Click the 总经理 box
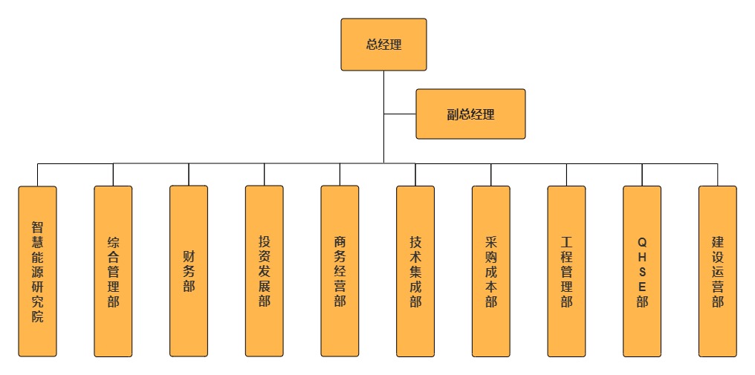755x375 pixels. click(383, 45)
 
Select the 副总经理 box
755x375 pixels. click(470, 114)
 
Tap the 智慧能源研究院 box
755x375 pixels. click(37, 271)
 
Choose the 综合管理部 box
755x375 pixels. click(113, 271)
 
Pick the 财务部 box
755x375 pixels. click(189, 271)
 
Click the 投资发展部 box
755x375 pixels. click(265, 271)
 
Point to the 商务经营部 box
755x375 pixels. click(340, 271)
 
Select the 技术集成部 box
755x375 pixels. click(415, 271)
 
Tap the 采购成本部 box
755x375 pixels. click(491, 271)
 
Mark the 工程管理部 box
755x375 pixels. click(566, 271)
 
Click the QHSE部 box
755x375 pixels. click(642, 271)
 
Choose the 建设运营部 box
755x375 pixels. click(718, 271)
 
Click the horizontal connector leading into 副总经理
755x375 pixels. click(400, 114)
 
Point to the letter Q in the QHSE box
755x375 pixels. click(642, 242)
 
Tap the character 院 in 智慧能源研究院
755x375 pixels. click(37, 316)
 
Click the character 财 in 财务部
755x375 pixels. click(189, 256)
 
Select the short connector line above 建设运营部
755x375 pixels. click(718, 175)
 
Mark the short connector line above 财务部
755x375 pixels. click(189, 175)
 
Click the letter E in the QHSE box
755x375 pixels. click(642, 287)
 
